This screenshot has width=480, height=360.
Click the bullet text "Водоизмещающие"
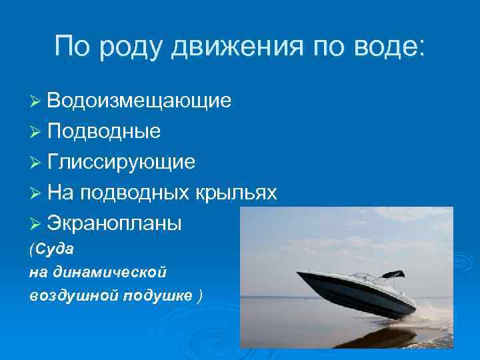pyautogui.click(x=139, y=101)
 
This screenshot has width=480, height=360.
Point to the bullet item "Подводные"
pyautogui.click(x=103, y=131)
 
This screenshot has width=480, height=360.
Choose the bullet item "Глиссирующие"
pyautogui.click(x=121, y=162)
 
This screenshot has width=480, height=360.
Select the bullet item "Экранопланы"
pyautogui.click(x=114, y=223)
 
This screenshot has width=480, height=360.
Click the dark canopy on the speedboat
pyautogui.click(x=393, y=274)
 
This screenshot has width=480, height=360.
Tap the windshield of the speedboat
pyautogui.click(x=365, y=276)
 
